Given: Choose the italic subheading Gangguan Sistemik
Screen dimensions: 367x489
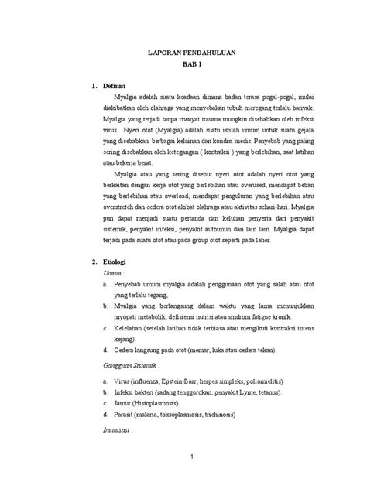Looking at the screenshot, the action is coord(136,364).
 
